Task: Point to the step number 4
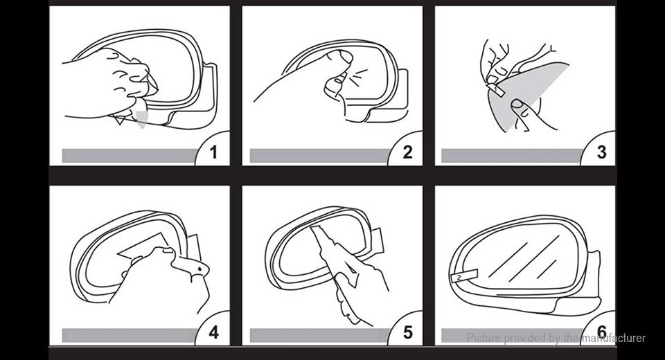[x=213, y=332]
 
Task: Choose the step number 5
[x=407, y=332]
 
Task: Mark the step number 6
[x=601, y=332]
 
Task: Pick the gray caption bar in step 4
[x=128, y=335]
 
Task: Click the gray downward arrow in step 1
[x=142, y=118]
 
